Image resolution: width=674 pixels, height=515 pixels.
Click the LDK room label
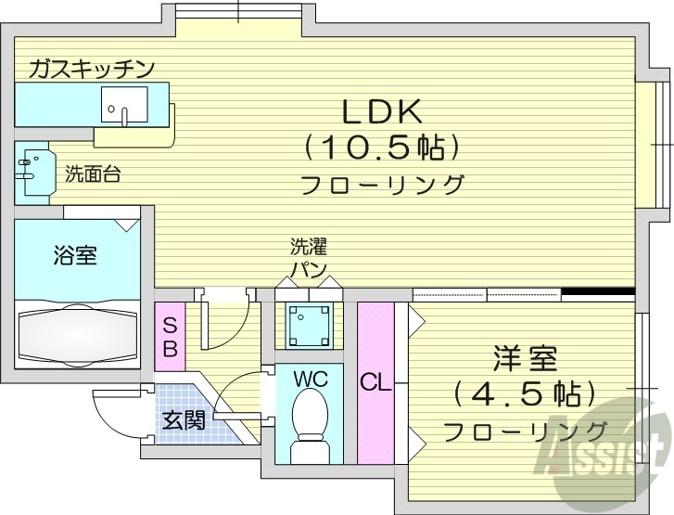(x=382, y=111)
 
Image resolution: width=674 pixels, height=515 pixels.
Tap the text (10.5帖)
(x=382, y=147)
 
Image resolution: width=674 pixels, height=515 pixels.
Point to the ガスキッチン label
(x=91, y=68)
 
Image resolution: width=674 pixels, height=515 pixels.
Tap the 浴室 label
(x=75, y=255)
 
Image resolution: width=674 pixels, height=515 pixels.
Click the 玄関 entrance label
(x=184, y=419)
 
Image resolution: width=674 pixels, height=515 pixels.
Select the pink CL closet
(x=375, y=380)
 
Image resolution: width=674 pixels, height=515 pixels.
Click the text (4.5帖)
(x=525, y=393)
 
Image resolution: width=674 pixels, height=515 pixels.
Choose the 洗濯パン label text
(x=309, y=258)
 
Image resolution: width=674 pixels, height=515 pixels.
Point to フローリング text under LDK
(x=382, y=184)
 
